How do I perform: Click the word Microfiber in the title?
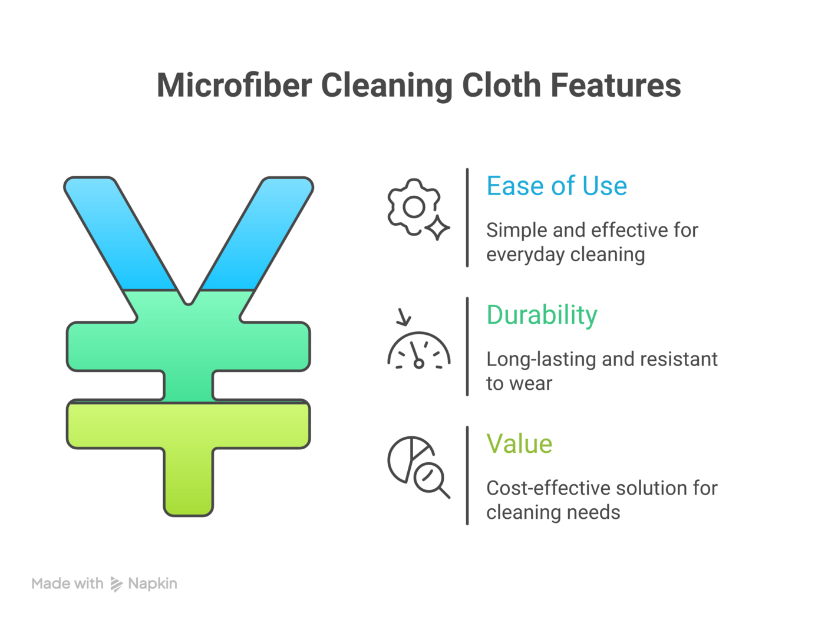234,85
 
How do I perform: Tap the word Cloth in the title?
501,85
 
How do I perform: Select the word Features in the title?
615,85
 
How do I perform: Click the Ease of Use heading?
556,186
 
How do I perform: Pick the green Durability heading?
542,315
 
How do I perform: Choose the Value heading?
519,444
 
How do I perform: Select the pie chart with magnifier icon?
417,466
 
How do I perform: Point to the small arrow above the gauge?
404,317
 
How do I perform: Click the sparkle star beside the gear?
437,228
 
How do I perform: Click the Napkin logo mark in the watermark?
116,584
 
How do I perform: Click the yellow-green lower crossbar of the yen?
189,424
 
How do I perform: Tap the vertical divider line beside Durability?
467,347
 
